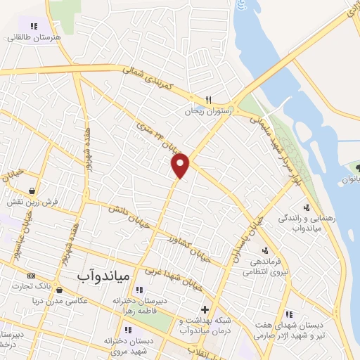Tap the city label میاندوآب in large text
(x=102, y=278)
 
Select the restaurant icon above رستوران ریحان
(x=208, y=99)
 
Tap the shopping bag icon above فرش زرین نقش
(x=32, y=191)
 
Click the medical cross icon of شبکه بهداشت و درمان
(x=205, y=309)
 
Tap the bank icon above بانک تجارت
(x=30, y=276)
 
